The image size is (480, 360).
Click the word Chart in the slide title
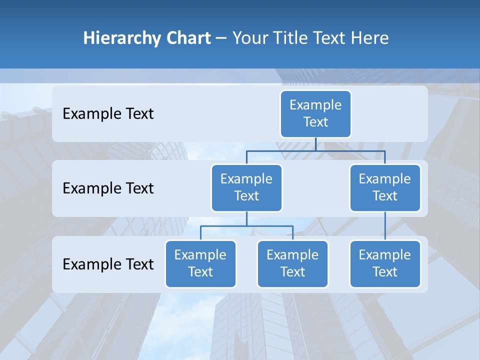(x=187, y=38)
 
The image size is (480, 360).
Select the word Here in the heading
(x=369, y=38)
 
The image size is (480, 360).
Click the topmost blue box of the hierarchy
(x=315, y=113)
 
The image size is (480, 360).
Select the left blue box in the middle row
(x=246, y=187)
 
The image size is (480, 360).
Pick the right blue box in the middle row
(x=385, y=187)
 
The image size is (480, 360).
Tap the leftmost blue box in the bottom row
(x=200, y=263)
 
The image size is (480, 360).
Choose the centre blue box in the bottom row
(x=292, y=263)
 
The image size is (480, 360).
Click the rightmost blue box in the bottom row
(x=385, y=263)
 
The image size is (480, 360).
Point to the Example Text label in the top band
(x=108, y=113)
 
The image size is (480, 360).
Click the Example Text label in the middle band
(x=108, y=188)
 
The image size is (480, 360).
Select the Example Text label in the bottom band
(x=108, y=264)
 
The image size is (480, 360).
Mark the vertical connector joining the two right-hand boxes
(x=385, y=225)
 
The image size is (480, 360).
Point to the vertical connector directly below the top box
(x=315, y=144)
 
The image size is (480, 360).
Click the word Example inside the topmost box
(x=315, y=105)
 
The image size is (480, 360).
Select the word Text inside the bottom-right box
(x=385, y=272)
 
